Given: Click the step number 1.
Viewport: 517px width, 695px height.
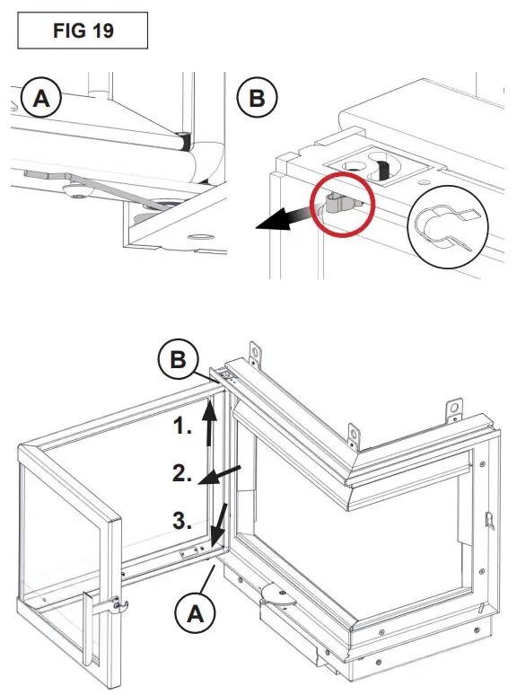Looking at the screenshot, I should click(183, 427).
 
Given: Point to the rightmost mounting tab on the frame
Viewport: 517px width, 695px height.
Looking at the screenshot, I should click(453, 409).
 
